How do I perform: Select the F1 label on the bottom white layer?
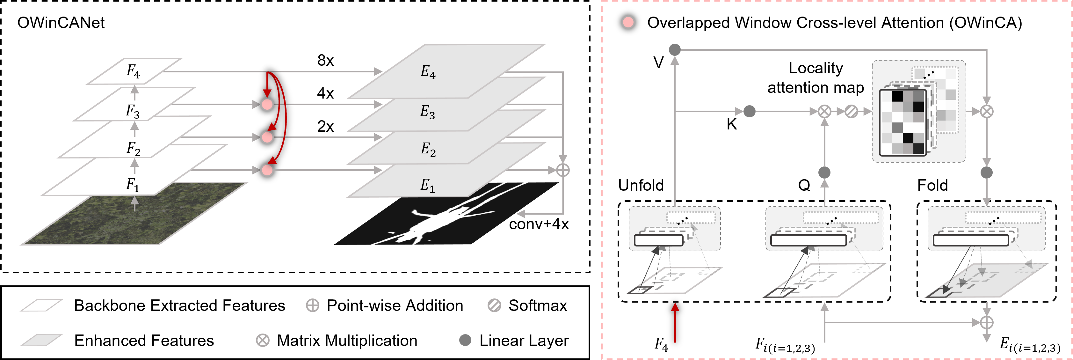[133, 185]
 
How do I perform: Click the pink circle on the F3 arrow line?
[267, 104]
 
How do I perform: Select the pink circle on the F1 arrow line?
[267, 170]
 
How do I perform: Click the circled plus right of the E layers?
[563, 170]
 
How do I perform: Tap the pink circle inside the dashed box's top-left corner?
[628, 22]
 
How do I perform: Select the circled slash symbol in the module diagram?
[851, 111]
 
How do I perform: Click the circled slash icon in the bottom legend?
[494, 305]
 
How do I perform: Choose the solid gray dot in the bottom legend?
[465, 340]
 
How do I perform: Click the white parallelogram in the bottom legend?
[42, 305]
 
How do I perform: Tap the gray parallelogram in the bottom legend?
[42, 340]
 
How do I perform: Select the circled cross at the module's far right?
[986, 111]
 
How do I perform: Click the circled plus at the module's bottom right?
[986, 322]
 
